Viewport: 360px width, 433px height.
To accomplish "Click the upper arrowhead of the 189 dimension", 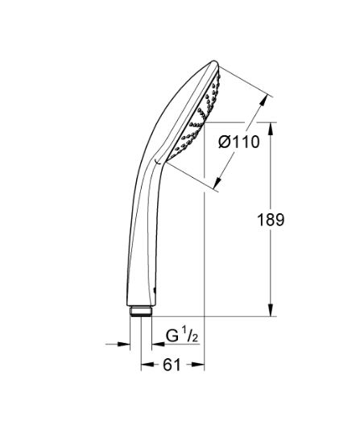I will pos(269,128).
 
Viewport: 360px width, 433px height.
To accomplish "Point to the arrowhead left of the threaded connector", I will pos(124,344).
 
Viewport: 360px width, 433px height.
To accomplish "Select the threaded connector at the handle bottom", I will pos(143,311).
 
